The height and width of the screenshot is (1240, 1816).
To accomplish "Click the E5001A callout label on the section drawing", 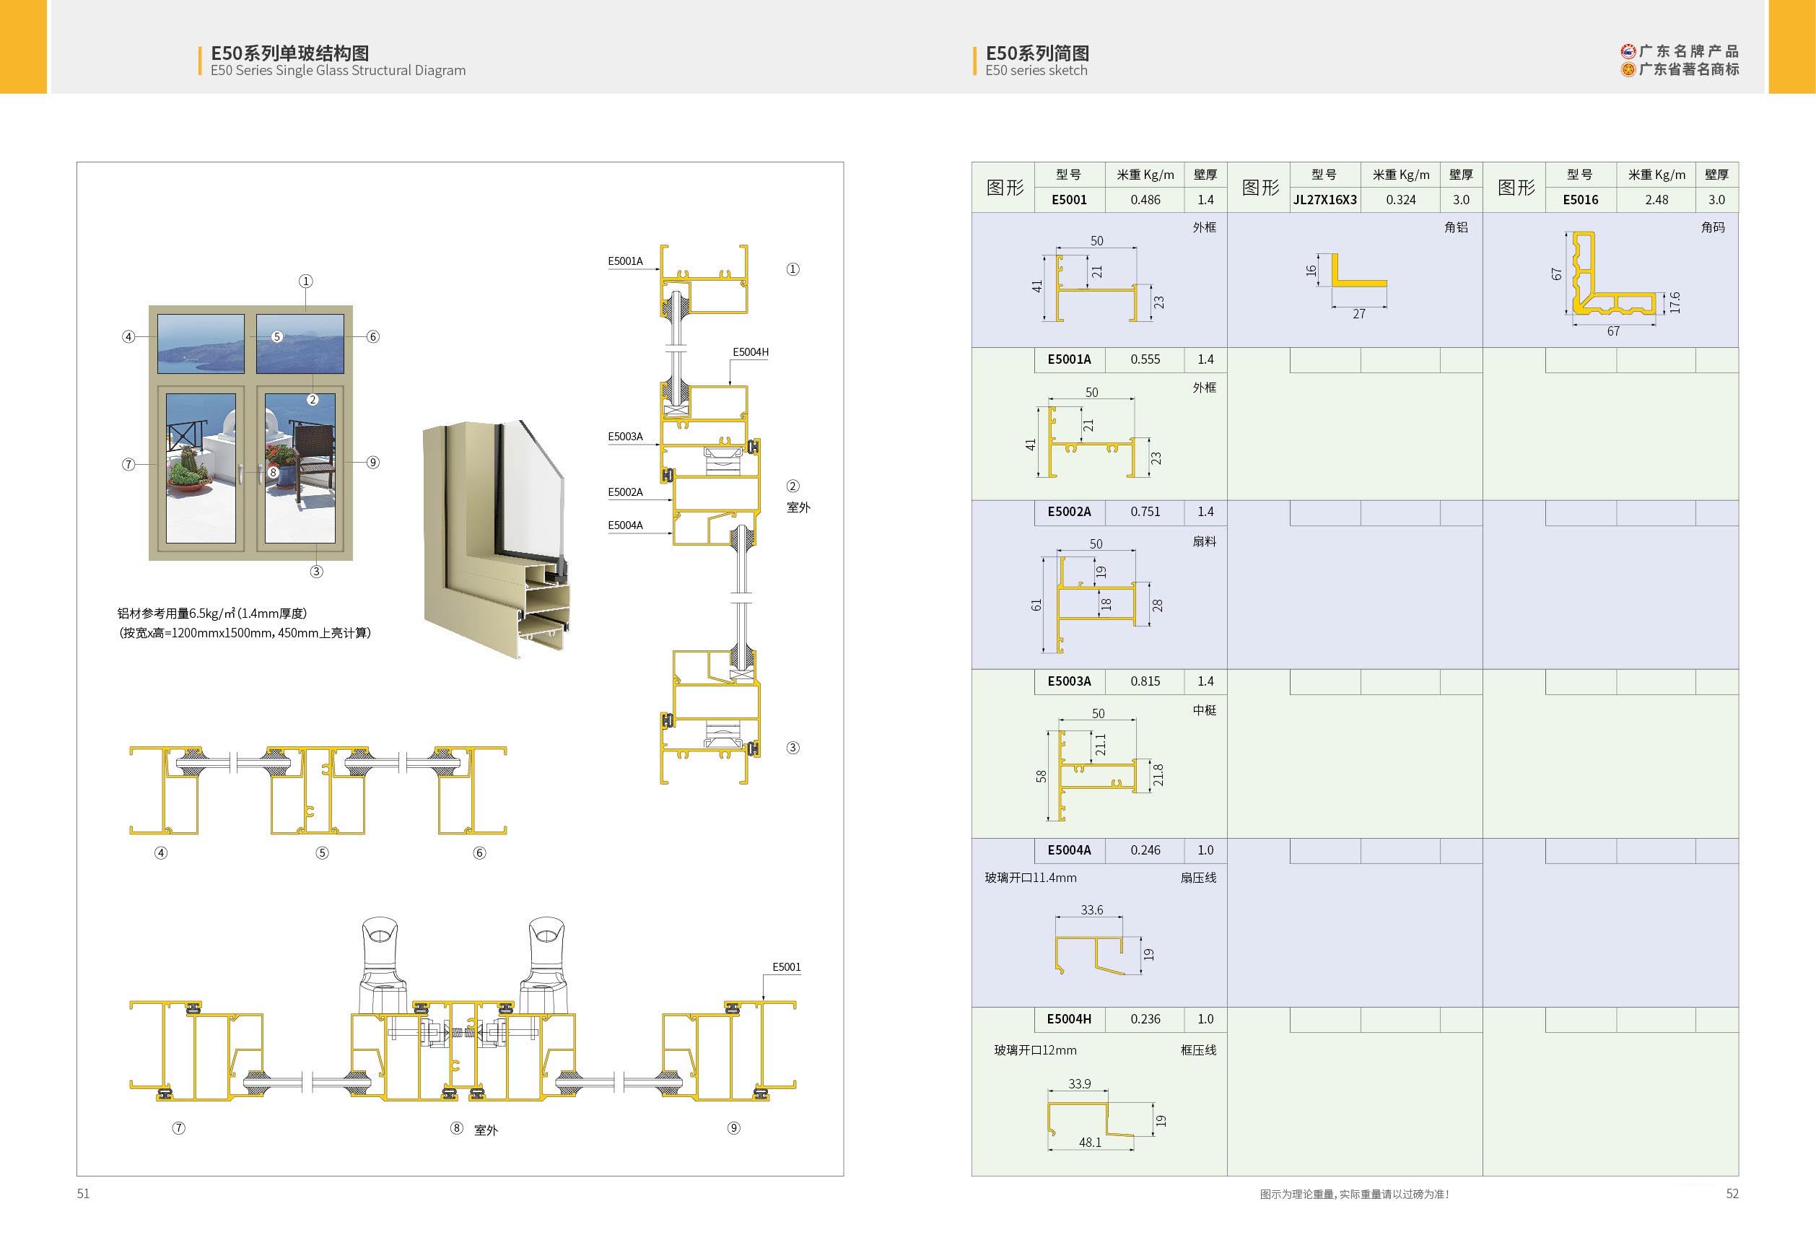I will click(625, 261).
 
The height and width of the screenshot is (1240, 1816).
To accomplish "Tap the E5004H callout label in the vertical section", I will click(750, 352).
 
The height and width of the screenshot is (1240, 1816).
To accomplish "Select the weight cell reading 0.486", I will click(1145, 200).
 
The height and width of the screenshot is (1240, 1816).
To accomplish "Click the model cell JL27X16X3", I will click(1324, 200).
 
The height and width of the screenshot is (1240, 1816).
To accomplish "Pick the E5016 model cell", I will click(1580, 200).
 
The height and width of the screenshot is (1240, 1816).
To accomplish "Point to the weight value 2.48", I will click(1656, 200).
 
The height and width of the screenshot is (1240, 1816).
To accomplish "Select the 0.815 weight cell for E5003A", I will click(1145, 681).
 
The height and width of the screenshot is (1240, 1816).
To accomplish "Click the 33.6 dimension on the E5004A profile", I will click(1091, 910).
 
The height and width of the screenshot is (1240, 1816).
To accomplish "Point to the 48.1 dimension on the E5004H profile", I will click(1090, 1143).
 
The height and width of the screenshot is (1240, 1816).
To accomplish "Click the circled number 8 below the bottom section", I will click(457, 1128).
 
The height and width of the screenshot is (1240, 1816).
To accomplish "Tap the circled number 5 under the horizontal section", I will click(322, 853).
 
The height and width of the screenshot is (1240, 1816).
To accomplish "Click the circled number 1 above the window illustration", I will click(305, 281).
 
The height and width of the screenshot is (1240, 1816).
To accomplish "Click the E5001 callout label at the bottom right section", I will click(786, 967).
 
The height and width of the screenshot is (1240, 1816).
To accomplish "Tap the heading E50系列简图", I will click(1037, 53).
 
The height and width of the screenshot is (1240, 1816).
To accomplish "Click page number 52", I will click(1732, 1194).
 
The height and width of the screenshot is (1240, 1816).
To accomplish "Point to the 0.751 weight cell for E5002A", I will click(1145, 512).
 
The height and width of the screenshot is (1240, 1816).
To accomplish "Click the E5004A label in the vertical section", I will click(625, 525).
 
